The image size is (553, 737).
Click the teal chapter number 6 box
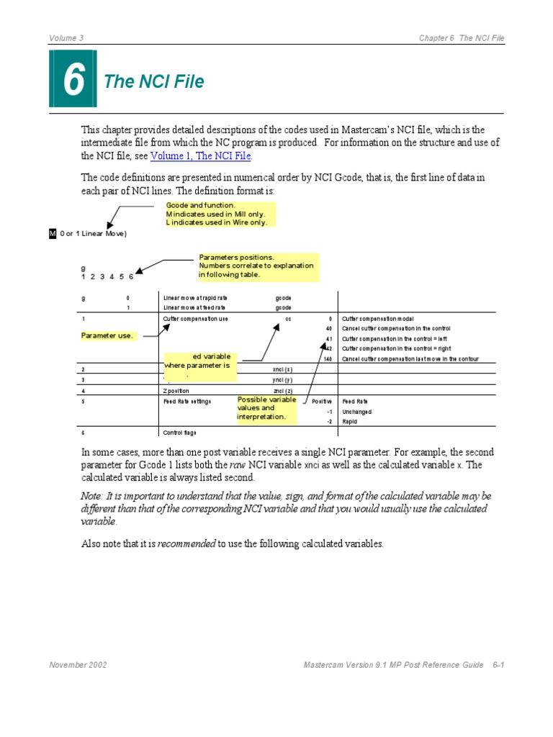pos(72,79)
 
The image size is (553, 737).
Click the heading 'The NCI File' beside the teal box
pos(154,82)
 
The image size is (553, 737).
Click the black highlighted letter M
pos(52,233)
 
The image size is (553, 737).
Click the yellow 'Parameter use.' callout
pos(107,336)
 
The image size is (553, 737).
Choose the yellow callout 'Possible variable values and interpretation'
pos(267,408)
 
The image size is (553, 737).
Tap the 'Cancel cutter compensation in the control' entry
pos(396,328)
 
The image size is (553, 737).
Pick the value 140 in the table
pos(327,358)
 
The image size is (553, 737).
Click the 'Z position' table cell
pos(176,390)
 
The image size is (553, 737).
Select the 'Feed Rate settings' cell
pos(187,401)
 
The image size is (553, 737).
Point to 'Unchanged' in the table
pos(357,411)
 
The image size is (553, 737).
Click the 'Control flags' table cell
pos(180,433)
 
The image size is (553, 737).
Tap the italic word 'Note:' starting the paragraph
pos(91,497)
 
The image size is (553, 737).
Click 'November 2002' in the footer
pos(78,665)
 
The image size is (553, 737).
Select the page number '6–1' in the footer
pos(497,665)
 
